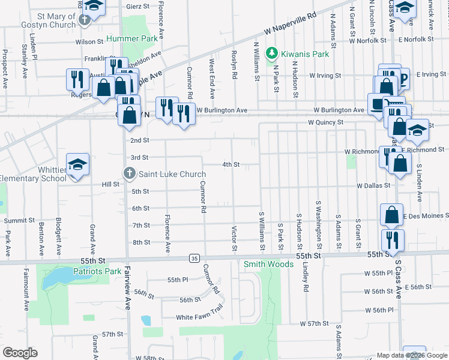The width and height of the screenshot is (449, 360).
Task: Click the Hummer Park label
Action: coord(131,39)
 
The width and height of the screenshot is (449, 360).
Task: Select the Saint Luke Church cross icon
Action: coord(129,175)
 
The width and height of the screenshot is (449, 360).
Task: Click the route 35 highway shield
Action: coord(193,258)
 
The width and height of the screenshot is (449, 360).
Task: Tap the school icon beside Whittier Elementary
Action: coord(77,165)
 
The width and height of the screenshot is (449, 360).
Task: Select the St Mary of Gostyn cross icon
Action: coord(85,19)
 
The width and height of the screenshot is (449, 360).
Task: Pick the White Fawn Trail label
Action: coord(199,317)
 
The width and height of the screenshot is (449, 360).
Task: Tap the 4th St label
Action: coord(231,164)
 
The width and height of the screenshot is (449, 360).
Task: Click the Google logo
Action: coord(20,353)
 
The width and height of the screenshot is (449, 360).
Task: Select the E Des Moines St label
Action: coord(426,216)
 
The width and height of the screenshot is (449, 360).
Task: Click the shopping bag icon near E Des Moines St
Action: coord(391,214)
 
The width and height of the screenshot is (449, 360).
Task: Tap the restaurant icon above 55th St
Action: coord(393,240)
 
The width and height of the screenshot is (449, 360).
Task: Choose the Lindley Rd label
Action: coord(306,277)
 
